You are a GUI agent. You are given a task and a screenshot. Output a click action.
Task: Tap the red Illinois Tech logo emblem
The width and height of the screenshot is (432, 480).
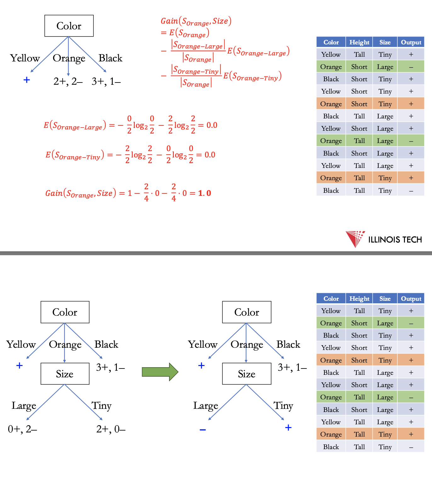pos(355,239)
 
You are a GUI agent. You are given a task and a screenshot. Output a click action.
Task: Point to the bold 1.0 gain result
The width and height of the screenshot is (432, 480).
pos(205,193)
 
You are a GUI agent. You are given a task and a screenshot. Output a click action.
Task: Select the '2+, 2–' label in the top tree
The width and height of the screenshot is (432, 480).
pos(68,82)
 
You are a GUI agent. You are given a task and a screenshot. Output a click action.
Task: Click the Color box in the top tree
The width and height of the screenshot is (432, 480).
pos(69,26)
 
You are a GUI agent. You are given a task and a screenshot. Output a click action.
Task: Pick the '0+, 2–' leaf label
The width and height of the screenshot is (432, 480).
pos(22,429)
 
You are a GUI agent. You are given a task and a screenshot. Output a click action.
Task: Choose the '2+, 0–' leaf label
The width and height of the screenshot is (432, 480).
pos(111,429)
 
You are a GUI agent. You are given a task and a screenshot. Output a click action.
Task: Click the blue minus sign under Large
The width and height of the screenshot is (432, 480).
pos(203,430)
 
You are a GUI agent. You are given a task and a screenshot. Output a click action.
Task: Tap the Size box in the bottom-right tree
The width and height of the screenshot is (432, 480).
pos(247,374)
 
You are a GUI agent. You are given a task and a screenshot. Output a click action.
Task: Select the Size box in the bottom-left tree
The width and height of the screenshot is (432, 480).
pos(65,374)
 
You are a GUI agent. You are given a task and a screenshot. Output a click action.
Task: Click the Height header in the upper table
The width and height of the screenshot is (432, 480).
pos(359,42)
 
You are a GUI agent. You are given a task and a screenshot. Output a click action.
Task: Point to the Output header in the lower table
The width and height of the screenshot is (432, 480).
pos(411,299)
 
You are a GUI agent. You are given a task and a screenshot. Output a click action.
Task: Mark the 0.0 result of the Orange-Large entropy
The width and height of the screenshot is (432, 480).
pos(212,125)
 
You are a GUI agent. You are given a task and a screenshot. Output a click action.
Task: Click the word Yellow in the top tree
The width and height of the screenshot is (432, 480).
pos(25,58)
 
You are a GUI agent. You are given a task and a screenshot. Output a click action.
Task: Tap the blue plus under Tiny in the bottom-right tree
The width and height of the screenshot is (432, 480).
pos(288,428)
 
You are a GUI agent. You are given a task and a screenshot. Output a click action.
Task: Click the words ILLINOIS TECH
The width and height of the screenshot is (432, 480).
pos(395,240)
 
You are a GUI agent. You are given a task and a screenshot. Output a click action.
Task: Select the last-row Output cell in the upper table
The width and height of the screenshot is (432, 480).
pos(411,191)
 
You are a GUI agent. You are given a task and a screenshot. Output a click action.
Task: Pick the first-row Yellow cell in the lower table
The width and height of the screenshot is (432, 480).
pos(331,311)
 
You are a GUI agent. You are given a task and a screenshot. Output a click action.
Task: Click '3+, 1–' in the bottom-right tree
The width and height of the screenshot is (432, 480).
pos(292,367)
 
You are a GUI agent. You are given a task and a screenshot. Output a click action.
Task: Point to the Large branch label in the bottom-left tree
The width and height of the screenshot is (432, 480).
pos(24,406)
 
